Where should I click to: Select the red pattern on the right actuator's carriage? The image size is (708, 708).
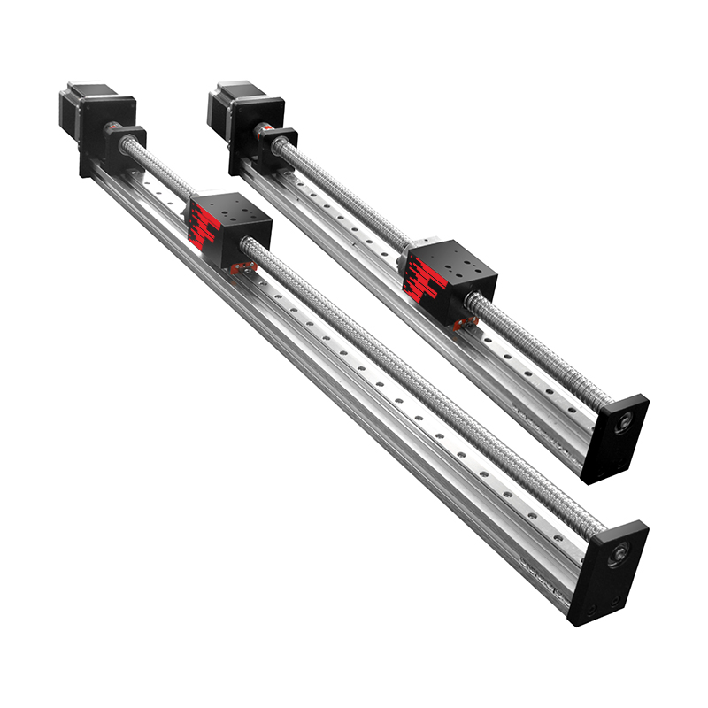[x=423, y=284]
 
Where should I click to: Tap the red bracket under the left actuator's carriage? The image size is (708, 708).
[x=241, y=265]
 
